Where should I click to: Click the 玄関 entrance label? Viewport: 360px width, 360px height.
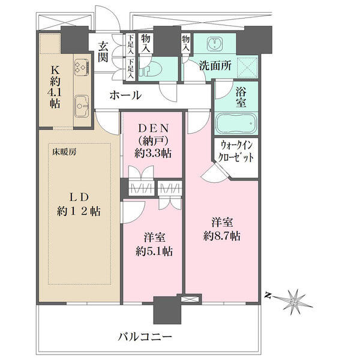pyautogui.click(x=103, y=52)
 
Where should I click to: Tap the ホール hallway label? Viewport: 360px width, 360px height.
pyautogui.click(x=125, y=95)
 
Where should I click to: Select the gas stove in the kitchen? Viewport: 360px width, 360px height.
pyautogui.click(x=82, y=67)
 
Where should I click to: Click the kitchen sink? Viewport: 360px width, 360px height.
pyautogui.click(x=82, y=106)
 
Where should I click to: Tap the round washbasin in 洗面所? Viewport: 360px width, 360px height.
pyautogui.click(x=215, y=44)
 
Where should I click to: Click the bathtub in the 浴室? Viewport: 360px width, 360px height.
pyautogui.click(x=236, y=123)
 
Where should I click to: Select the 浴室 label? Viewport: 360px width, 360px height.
pyautogui.click(x=241, y=98)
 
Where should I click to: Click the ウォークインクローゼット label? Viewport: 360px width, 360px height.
pyautogui.click(x=236, y=152)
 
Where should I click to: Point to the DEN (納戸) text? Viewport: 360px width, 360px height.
pyautogui.click(x=154, y=135)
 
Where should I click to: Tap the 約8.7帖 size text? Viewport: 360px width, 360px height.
pyautogui.click(x=222, y=236)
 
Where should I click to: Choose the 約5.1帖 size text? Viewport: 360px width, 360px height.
pyautogui.click(x=154, y=251)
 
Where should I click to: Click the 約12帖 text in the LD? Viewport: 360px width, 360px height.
pyautogui.click(x=79, y=211)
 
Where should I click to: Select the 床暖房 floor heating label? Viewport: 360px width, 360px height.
pyautogui.click(x=64, y=152)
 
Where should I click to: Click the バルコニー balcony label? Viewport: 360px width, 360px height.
pyautogui.click(x=145, y=337)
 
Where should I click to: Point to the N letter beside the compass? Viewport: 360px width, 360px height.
pyautogui.click(x=267, y=295)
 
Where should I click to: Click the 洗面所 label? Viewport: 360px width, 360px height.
pyautogui.click(x=215, y=66)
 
